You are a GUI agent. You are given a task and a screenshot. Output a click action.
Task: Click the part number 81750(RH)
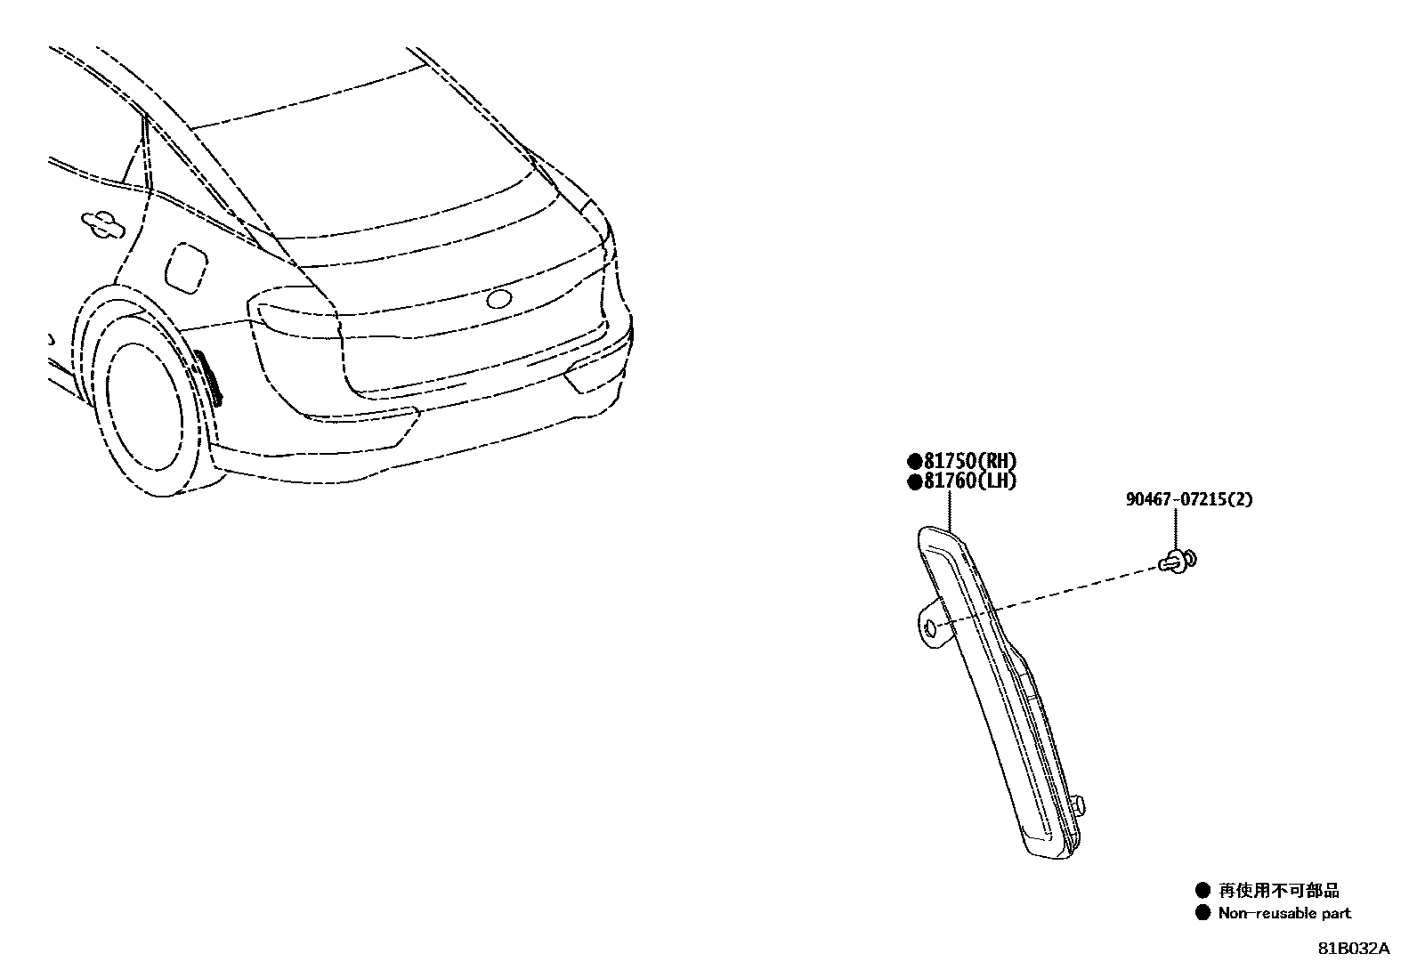969,461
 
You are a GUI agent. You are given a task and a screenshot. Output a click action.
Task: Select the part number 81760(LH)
969,481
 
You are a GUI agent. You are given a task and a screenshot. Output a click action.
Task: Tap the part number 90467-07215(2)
1188,499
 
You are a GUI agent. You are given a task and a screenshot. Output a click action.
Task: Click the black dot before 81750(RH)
914,462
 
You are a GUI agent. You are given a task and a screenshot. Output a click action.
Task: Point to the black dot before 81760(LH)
914,482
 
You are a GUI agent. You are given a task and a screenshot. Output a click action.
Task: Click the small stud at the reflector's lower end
1079,805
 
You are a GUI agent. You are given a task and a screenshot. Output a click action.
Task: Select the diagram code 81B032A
1354,949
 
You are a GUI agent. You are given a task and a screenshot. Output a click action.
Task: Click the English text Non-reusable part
1283,913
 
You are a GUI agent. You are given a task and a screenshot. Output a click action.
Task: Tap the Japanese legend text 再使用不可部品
1279,891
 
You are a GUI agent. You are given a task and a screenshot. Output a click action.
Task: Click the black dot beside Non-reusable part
1203,912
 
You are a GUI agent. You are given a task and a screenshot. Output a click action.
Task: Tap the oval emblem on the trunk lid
498,299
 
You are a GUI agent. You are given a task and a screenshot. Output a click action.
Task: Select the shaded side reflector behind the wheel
209,376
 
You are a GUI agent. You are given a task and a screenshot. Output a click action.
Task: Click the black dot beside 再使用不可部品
1203,890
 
